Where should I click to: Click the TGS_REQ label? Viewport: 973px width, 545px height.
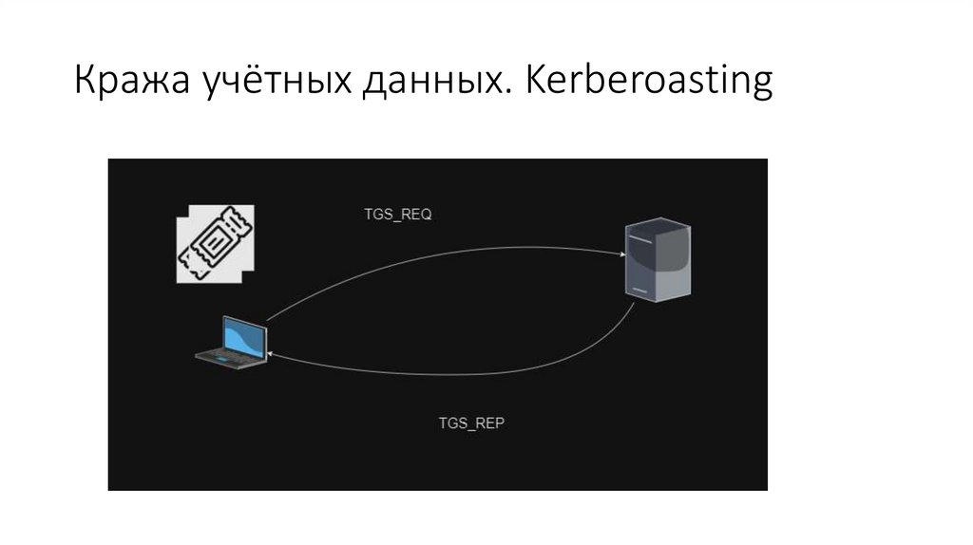(398, 215)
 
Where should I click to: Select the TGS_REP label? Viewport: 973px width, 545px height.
(470, 423)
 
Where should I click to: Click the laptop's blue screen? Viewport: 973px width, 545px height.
(244, 337)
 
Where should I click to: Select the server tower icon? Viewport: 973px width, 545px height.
(657, 258)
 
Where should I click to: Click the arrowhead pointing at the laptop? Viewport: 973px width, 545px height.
(272, 352)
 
